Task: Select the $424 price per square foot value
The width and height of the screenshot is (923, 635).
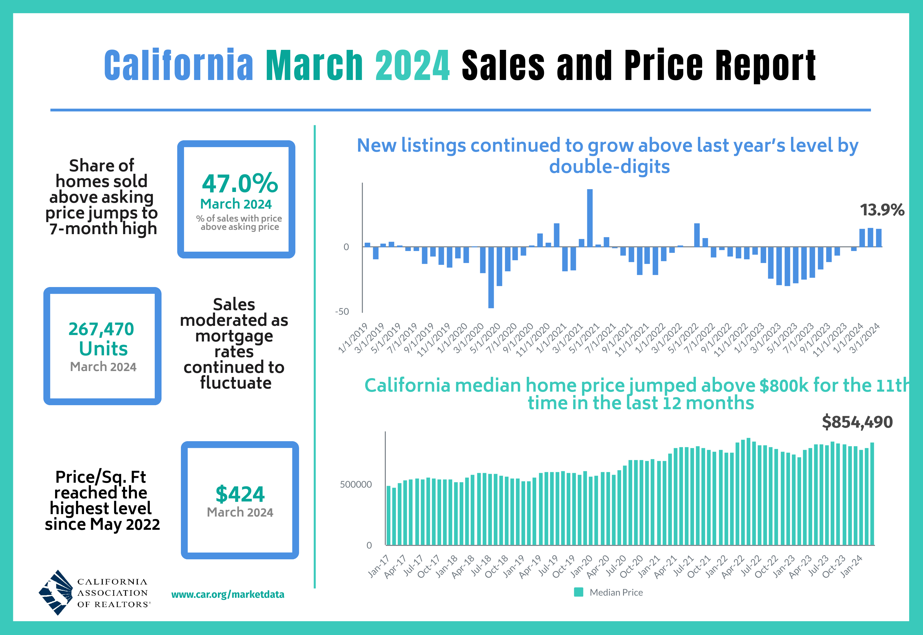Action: [x=240, y=494]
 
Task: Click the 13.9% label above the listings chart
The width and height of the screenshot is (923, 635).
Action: [x=882, y=210]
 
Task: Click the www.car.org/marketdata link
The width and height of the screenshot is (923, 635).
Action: [x=228, y=594]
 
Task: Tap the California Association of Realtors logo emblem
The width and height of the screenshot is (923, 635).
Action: [x=56, y=593]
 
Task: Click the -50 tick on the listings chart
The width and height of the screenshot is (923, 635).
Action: [x=342, y=312]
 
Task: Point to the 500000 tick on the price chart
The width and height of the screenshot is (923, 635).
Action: [x=356, y=485]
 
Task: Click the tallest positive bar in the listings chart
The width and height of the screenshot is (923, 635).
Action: [x=589, y=218]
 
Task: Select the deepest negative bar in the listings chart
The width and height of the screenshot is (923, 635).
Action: [x=491, y=277]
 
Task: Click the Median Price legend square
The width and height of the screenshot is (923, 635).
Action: [x=578, y=592]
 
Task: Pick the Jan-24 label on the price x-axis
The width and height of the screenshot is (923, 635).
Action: [x=851, y=566]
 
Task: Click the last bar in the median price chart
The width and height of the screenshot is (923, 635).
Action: [x=872, y=494]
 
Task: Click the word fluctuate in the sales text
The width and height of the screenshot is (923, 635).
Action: [x=236, y=383]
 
